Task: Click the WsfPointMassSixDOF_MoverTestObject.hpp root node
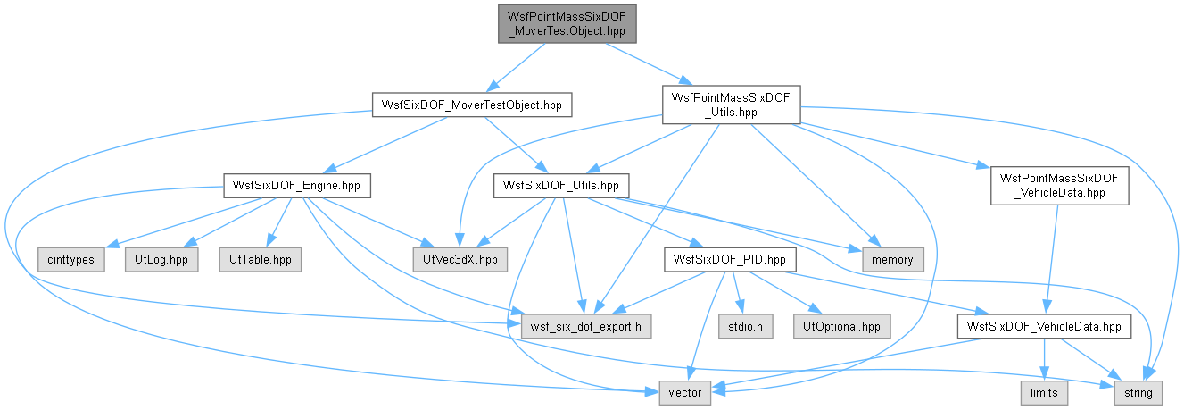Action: pos(567,24)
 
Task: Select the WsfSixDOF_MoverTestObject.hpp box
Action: pos(472,105)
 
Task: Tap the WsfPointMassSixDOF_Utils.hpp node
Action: pos(732,105)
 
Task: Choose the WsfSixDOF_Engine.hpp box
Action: pos(297,186)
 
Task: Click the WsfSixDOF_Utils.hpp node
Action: pos(561,186)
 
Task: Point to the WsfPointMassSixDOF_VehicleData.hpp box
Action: pos(1060,186)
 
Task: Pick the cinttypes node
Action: pos(70,260)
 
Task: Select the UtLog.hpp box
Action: pos(161,260)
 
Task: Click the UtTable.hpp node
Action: pos(261,260)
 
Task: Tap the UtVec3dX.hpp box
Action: pos(460,260)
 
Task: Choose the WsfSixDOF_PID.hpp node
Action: pos(730,260)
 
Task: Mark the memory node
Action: pos(893,260)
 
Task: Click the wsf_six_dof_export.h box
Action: pos(586,326)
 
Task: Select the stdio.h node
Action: pos(746,326)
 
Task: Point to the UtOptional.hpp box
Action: pos(842,326)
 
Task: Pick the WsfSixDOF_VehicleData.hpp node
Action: pos(1045,326)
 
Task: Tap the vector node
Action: pos(685,393)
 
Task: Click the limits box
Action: pos(1045,393)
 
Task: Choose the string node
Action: pos(1138,393)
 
